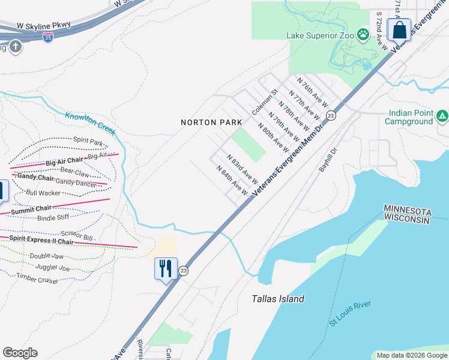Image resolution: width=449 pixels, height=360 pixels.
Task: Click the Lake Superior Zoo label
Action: tap(320, 35)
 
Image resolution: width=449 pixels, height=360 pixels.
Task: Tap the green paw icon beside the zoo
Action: tap(363, 35)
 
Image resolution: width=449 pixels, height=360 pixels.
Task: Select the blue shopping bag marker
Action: tap(399, 29)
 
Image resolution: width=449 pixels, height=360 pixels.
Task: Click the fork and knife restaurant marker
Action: tap(166, 268)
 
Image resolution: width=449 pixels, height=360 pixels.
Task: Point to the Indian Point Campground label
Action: tap(411, 117)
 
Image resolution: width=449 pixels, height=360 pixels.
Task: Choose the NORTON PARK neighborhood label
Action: tap(211, 122)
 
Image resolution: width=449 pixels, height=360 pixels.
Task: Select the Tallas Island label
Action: tap(278, 299)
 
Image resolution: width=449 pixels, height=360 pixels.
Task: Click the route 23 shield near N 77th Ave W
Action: tap(330, 115)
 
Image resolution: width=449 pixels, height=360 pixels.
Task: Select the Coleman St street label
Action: tap(265, 103)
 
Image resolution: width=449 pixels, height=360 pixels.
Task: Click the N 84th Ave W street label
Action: tap(232, 181)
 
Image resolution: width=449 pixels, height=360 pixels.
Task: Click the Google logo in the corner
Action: tap(20, 353)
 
